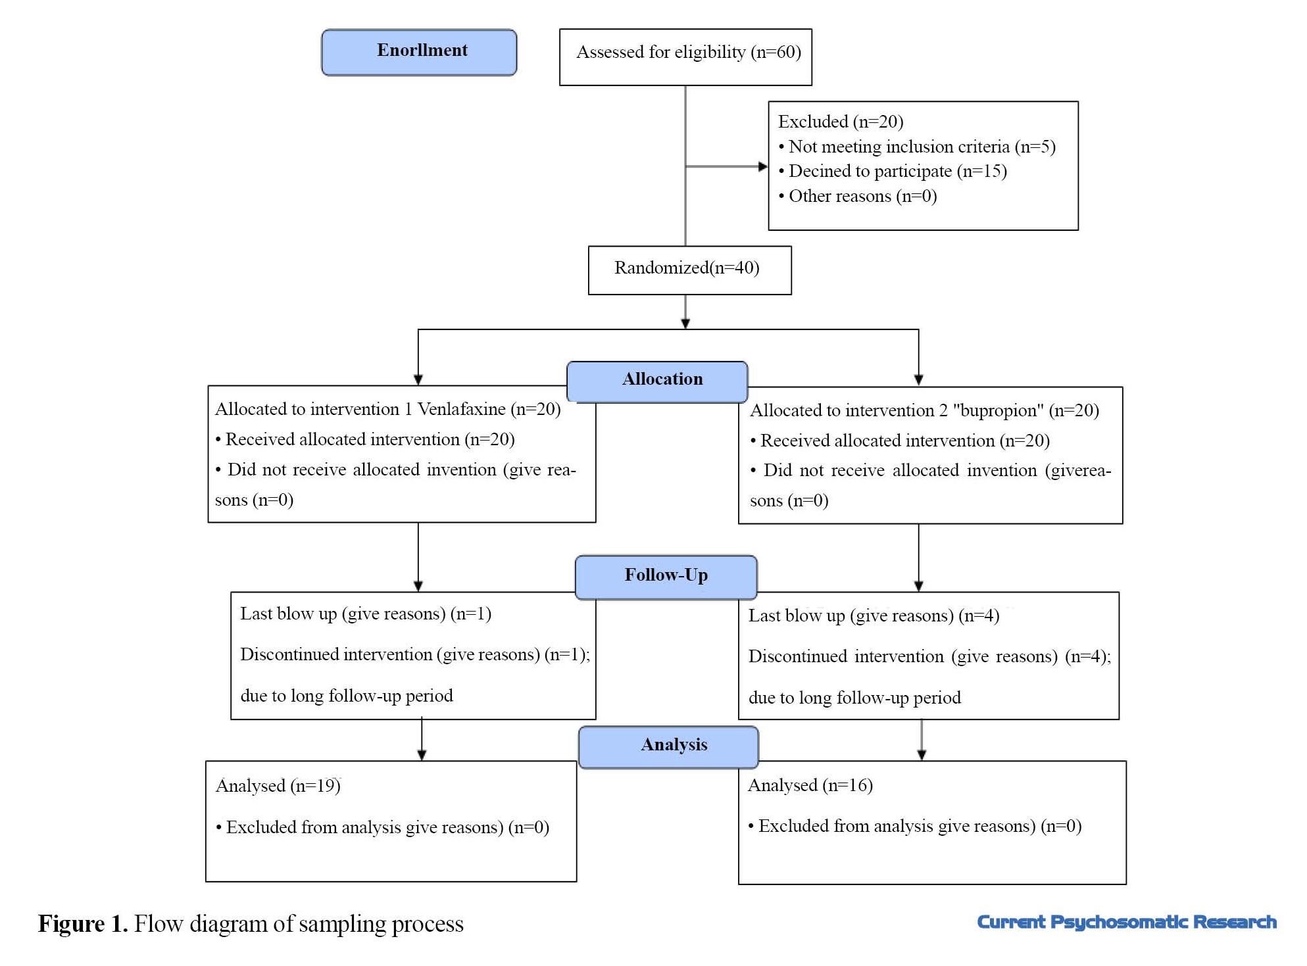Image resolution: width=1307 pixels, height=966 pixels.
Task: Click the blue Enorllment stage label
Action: coord(419,52)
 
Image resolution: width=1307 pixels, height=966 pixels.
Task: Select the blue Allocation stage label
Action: coord(657,381)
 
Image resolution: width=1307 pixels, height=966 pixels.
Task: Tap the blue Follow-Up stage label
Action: coord(666,577)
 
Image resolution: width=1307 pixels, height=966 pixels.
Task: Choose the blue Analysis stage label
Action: coord(668,746)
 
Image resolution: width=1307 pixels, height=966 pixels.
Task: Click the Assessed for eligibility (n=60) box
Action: coord(685,57)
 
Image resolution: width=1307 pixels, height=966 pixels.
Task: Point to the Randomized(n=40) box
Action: coord(689,270)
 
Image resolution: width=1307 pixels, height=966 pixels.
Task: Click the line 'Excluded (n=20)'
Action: coord(841,122)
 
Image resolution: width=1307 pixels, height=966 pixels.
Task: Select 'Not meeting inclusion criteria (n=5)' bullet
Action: coord(917,147)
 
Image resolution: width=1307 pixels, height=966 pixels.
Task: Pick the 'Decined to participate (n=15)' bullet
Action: coord(893,171)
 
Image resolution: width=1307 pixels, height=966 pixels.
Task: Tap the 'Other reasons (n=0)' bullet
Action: coord(858,196)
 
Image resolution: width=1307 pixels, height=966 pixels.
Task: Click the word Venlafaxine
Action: coord(462,409)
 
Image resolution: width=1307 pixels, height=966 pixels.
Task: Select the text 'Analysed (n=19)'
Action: coord(278,786)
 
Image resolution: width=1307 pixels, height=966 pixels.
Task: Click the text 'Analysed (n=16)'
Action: coord(810,785)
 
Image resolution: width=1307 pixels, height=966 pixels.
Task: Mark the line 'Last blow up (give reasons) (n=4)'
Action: coord(874,616)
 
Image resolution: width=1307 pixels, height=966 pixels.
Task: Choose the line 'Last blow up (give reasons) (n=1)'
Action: coord(366,614)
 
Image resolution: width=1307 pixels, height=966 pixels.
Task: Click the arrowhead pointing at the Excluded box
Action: coord(763,166)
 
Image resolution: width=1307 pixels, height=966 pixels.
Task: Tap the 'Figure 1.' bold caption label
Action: coord(83,924)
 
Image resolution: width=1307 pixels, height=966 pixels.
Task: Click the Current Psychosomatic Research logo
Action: coord(1127,922)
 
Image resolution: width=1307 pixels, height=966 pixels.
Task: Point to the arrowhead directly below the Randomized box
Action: coord(685,324)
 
